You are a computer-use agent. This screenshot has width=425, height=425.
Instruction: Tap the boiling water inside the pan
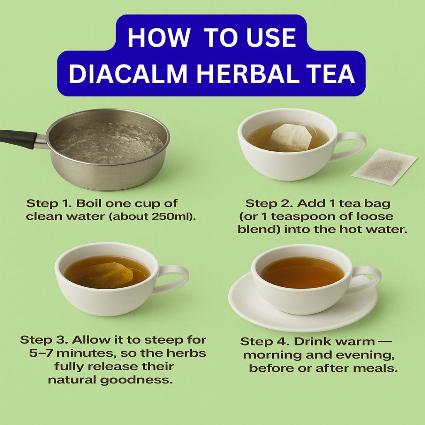108,143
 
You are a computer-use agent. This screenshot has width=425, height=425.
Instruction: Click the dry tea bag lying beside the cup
384,167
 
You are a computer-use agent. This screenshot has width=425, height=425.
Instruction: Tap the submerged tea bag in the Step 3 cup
107,276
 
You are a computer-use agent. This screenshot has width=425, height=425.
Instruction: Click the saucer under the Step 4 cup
303,306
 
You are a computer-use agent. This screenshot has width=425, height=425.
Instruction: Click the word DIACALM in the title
128,74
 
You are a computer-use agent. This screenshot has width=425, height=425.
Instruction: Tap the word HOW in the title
159,37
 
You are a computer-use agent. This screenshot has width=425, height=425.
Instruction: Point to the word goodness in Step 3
136,380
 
